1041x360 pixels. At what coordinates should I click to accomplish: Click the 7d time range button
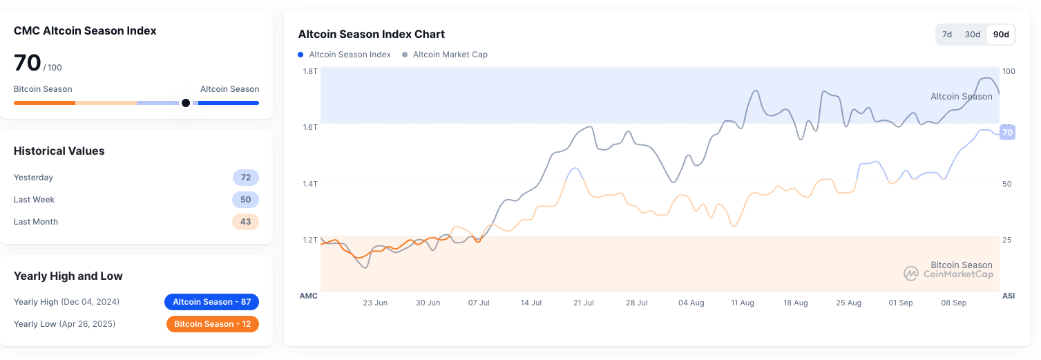click(x=947, y=35)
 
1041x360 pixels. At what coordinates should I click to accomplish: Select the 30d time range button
click(x=973, y=35)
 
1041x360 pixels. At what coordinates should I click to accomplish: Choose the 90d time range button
click(x=1001, y=35)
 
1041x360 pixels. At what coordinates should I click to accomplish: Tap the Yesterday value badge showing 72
click(x=245, y=178)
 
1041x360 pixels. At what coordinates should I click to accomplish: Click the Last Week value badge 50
click(x=245, y=200)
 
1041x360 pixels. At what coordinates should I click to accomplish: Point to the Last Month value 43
click(x=245, y=222)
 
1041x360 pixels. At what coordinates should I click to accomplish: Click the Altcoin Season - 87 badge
click(x=211, y=302)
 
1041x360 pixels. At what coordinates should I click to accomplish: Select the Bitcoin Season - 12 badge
click(x=212, y=324)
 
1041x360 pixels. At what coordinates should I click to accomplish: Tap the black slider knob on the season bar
click(x=185, y=103)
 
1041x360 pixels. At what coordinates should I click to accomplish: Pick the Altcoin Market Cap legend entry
click(x=450, y=55)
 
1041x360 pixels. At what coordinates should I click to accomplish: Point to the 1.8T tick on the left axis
click(x=309, y=71)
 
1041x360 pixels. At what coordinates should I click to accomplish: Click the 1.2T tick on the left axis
click(x=309, y=240)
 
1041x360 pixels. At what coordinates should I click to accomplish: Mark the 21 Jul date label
click(x=584, y=303)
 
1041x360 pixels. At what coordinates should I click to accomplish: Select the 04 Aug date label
click(x=691, y=303)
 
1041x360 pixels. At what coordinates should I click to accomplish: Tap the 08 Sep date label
click(x=953, y=303)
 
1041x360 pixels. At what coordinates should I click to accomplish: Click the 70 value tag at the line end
click(x=1007, y=133)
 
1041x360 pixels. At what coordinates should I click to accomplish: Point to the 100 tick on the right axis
click(x=1008, y=71)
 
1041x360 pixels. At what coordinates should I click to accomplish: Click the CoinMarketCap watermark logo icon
click(x=911, y=274)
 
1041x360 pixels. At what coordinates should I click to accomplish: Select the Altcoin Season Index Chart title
click(x=371, y=34)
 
